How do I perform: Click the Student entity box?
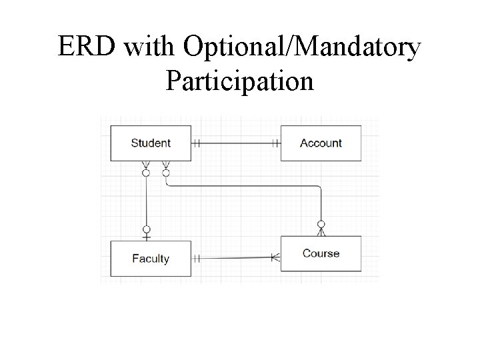(x=151, y=143)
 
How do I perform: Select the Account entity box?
(x=321, y=143)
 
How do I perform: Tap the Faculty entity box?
(x=151, y=259)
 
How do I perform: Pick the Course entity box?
(x=321, y=253)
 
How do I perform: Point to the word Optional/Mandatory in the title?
(x=302, y=47)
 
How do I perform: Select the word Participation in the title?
(x=239, y=81)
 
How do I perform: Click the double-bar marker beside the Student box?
(x=197, y=143)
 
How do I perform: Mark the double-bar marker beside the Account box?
(x=275, y=143)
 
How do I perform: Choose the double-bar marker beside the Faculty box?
(x=197, y=258)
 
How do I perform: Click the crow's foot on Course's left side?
(x=275, y=256)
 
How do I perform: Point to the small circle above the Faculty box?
(x=146, y=229)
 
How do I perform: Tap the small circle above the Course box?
(x=321, y=224)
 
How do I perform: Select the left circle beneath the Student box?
(x=146, y=173)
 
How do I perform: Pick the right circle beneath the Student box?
(x=166, y=173)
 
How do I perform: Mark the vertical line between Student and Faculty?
(x=146, y=200)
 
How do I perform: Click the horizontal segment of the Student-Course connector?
(x=243, y=185)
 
